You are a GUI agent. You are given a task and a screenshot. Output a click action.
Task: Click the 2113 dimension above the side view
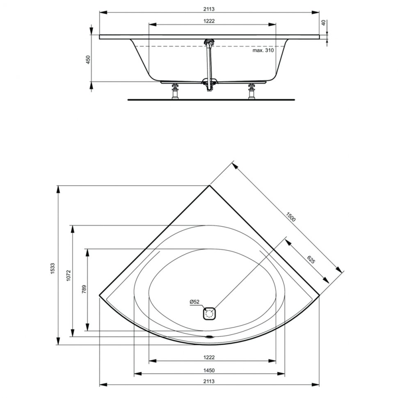209,9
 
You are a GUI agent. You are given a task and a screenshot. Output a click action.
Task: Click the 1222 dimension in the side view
209,21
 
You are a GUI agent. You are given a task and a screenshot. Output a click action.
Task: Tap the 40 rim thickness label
323,23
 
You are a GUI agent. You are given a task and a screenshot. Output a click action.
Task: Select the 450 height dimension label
88,59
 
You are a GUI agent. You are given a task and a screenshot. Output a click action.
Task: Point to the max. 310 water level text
263,50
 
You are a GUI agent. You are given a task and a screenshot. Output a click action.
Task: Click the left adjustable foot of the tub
175,91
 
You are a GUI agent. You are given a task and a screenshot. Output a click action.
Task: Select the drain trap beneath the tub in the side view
209,85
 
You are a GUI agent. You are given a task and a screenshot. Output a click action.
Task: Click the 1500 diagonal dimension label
290,217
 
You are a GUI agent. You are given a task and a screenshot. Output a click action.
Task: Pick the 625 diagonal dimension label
311,259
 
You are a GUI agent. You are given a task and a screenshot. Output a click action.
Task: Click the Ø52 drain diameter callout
194,302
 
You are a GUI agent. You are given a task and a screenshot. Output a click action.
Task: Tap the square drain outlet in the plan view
209,314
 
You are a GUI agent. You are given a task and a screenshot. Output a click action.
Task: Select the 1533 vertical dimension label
52,268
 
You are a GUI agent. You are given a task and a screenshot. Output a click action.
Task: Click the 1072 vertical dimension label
68,275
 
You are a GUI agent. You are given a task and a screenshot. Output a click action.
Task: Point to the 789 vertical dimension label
84,289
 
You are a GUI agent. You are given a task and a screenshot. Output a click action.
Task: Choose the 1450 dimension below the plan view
209,371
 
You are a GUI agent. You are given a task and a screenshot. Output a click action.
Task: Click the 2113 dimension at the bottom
209,381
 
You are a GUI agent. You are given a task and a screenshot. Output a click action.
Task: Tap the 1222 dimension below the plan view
209,357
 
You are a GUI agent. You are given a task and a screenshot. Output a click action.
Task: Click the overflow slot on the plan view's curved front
209,337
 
